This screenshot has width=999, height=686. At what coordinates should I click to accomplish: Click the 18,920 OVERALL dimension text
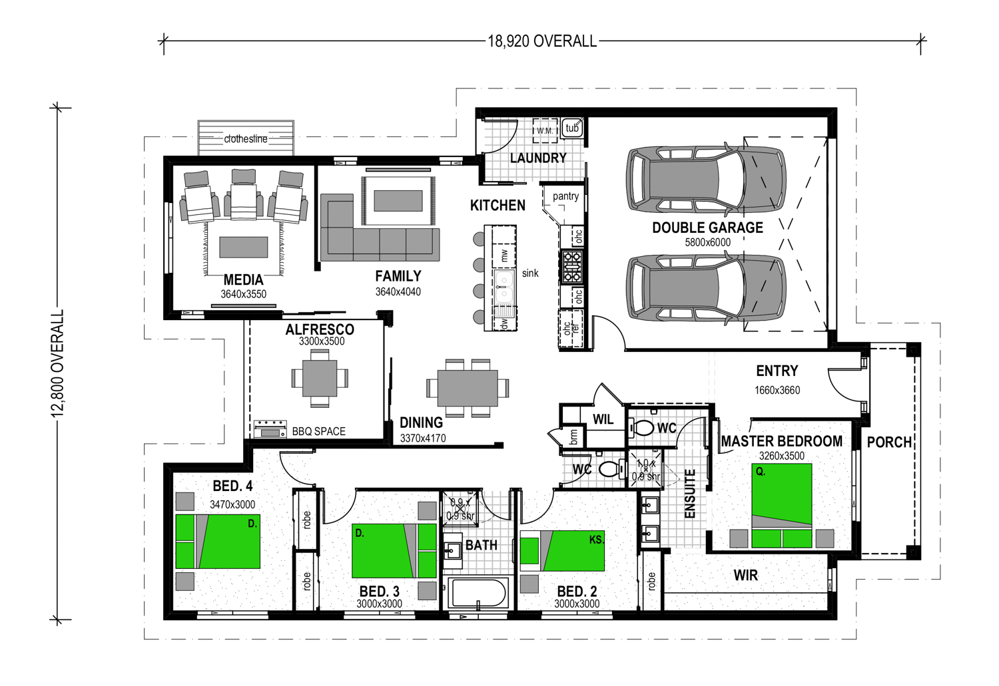[x=542, y=41]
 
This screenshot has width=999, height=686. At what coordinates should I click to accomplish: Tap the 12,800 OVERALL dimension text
[x=58, y=363]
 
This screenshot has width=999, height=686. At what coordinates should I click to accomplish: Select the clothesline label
[x=246, y=139]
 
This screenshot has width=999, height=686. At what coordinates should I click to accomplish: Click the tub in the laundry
[x=571, y=128]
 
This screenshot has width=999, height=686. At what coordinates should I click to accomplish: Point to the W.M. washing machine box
[x=545, y=130]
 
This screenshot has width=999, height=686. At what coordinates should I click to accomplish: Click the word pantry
[x=565, y=196]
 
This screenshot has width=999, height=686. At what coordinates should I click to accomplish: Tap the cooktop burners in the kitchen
[x=571, y=267]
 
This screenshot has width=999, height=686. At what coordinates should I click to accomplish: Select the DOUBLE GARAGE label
[x=707, y=228]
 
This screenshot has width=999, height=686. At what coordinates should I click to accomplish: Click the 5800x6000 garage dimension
[x=708, y=242]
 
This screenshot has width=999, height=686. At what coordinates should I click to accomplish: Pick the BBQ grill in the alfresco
[x=270, y=429]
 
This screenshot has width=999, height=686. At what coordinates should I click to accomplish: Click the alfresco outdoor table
[x=320, y=378]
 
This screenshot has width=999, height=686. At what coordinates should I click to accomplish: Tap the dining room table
[x=468, y=388]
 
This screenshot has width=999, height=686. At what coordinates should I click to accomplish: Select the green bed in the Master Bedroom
[x=781, y=506]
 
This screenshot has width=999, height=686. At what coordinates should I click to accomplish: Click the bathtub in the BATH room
[x=478, y=593]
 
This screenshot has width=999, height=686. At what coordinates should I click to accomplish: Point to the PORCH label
[x=889, y=442]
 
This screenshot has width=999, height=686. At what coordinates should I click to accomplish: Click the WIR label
[x=746, y=576]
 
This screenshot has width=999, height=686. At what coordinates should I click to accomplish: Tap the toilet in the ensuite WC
[x=640, y=429]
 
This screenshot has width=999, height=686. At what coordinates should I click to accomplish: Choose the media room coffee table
[x=244, y=248]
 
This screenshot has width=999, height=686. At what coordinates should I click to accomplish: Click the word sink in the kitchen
[x=530, y=273]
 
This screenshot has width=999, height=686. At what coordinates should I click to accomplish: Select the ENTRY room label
[x=777, y=371]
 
